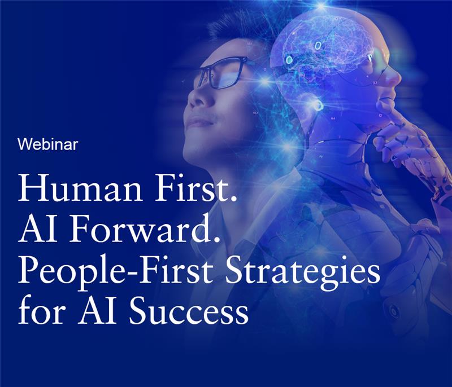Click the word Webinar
[47, 144]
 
